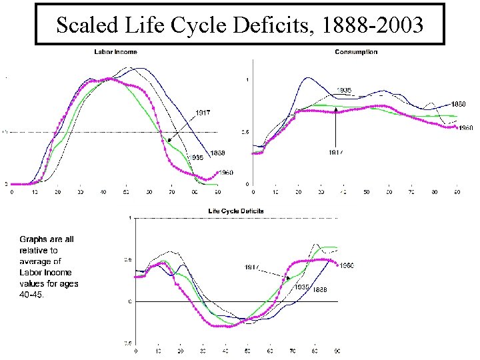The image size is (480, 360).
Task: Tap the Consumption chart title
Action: (355, 52)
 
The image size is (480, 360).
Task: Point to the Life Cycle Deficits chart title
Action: (236, 211)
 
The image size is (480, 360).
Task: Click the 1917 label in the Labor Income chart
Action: (203, 113)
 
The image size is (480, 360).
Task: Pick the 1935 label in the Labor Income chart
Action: (196, 157)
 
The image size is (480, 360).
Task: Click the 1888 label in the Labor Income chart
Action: (217, 153)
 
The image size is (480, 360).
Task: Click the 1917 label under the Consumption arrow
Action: (336, 152)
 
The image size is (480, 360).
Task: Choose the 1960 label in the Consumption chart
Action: (466, 128)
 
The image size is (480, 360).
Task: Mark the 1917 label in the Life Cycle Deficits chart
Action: (251, 267)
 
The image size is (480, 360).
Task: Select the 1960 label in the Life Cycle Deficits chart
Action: (347, 265)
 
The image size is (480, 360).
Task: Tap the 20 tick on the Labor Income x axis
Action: (57, 193)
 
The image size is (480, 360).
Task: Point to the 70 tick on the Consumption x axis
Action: (411, 193)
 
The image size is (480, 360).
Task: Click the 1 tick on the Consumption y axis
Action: (248, 80)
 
